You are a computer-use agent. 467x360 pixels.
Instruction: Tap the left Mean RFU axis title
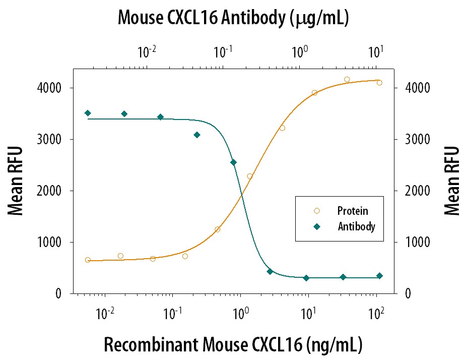point(16,181)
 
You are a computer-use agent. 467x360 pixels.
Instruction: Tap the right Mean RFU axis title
point(452,181)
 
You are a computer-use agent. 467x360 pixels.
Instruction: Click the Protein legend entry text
point(353,211)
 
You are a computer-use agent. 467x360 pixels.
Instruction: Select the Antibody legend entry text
point(356,227)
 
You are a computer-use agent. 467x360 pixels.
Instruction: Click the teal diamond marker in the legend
point(316,227)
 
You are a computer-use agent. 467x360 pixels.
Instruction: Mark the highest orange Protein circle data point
point(347,79)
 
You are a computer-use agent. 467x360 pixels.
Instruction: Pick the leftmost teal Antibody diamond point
point(88,113)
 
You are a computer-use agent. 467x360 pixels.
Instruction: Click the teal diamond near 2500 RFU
point(233,162)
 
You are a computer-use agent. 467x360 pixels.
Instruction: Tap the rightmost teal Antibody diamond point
point(379,276)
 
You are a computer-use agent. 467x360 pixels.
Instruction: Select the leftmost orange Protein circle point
point(88,260)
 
